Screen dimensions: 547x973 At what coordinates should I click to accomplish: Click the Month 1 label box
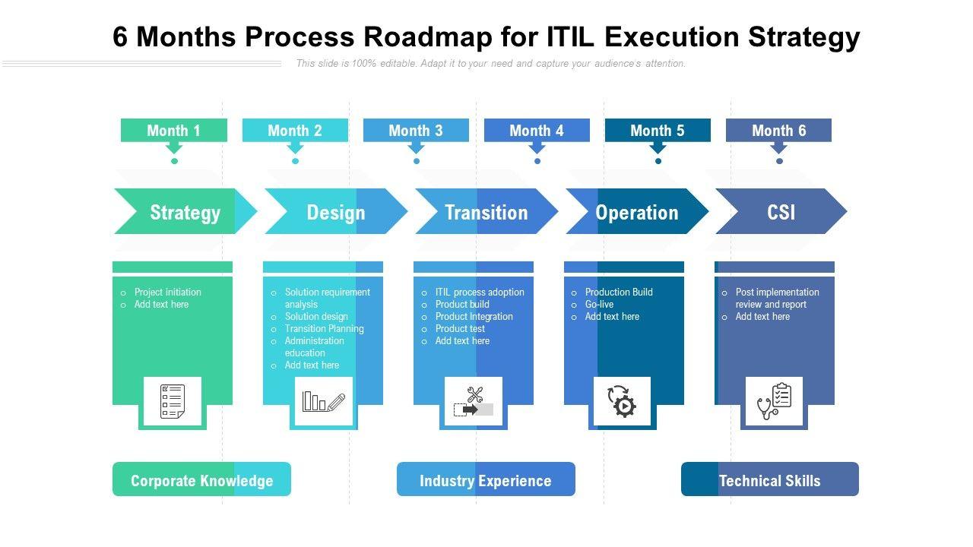173,130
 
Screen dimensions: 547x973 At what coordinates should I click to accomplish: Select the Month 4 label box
537,130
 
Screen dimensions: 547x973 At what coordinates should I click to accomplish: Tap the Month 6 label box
778,130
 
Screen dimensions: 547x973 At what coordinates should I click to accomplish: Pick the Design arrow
335,212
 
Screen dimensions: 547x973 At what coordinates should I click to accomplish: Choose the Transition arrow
486,212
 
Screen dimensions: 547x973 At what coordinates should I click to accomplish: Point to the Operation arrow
636,212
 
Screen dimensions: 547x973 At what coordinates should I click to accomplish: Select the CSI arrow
781,212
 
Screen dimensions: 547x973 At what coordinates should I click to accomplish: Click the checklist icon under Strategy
173,401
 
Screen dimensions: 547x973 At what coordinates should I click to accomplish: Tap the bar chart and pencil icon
324,401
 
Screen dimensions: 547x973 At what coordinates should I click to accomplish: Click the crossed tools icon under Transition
474,401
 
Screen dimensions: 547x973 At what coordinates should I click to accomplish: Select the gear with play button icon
622,401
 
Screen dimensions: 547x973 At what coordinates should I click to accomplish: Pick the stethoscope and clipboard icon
774,401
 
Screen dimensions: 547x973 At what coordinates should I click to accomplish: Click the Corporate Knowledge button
201,480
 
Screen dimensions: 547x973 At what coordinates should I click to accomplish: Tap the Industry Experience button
486,480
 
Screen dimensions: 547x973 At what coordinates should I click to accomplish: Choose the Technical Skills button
769,480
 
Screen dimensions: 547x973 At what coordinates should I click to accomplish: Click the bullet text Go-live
599,305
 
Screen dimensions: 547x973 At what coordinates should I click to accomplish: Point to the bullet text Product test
460,329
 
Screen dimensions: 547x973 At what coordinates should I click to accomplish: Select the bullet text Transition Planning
324,329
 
